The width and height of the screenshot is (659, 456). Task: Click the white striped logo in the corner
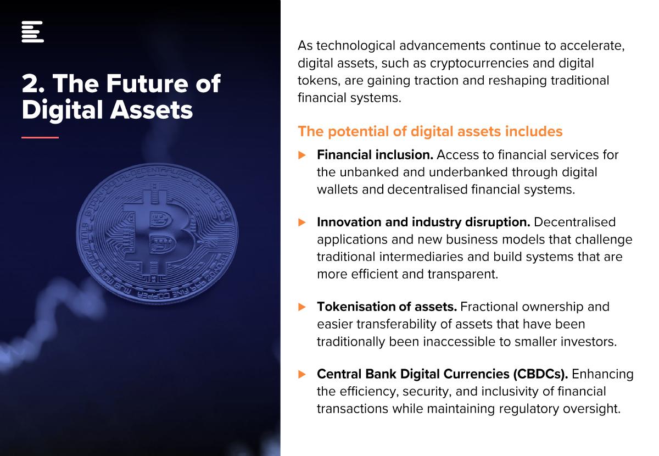coord(32,32)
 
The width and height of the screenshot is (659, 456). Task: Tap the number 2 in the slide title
coord(30,84)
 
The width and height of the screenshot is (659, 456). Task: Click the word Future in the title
coord(147,84)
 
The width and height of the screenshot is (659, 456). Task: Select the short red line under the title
coord(40,137)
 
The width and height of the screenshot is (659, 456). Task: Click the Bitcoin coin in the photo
coord(157,233)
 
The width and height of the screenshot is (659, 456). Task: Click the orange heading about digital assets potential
coord(430,132)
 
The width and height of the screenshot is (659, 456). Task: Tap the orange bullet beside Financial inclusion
coord(302,155)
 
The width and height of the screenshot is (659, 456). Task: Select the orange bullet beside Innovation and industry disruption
coord(302,223)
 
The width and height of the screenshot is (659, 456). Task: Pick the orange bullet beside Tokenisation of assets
coord(302,307)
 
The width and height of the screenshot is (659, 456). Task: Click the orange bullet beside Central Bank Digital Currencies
coord(302,375)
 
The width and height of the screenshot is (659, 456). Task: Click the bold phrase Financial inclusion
coord(375,155)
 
